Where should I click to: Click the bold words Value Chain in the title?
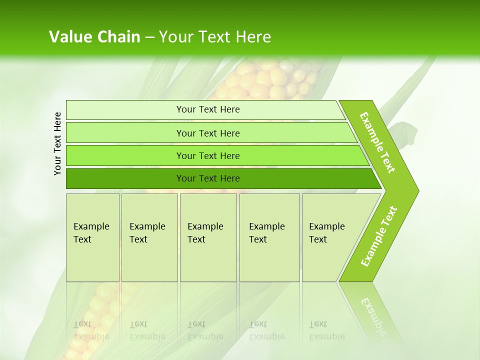94,37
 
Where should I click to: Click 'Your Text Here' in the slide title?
215,37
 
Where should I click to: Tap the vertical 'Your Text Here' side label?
57,143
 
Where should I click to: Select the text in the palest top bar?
208,109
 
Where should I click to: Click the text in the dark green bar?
208,178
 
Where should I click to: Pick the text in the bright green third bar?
208,156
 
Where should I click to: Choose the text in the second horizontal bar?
208,133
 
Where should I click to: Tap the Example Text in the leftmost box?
91,233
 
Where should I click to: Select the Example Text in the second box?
147,233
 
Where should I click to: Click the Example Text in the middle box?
205,233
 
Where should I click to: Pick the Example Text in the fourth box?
266,233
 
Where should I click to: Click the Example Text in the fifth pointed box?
326,233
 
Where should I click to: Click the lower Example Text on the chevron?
379,236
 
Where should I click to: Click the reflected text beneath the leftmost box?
91,330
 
